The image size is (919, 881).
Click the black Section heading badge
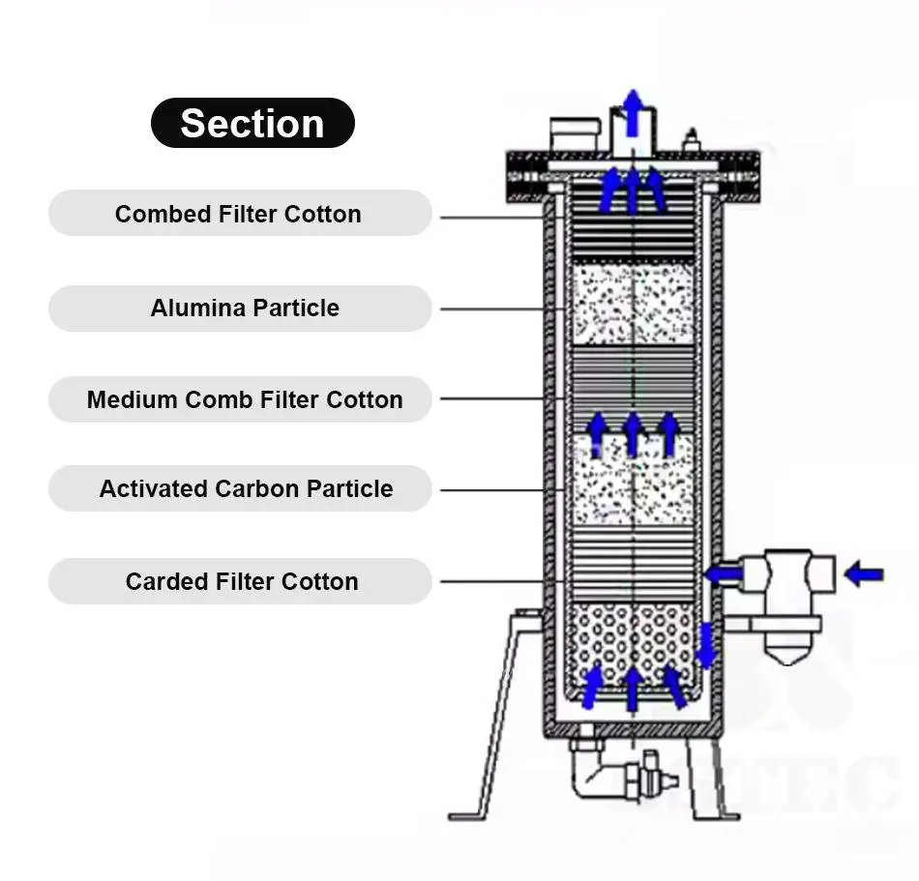click(252, 123)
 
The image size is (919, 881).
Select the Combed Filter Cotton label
click(239, 214)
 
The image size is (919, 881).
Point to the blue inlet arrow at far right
click(863, 574)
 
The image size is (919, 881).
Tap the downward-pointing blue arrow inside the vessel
click(707, 645)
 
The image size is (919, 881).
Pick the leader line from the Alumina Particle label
click(503, 309)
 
